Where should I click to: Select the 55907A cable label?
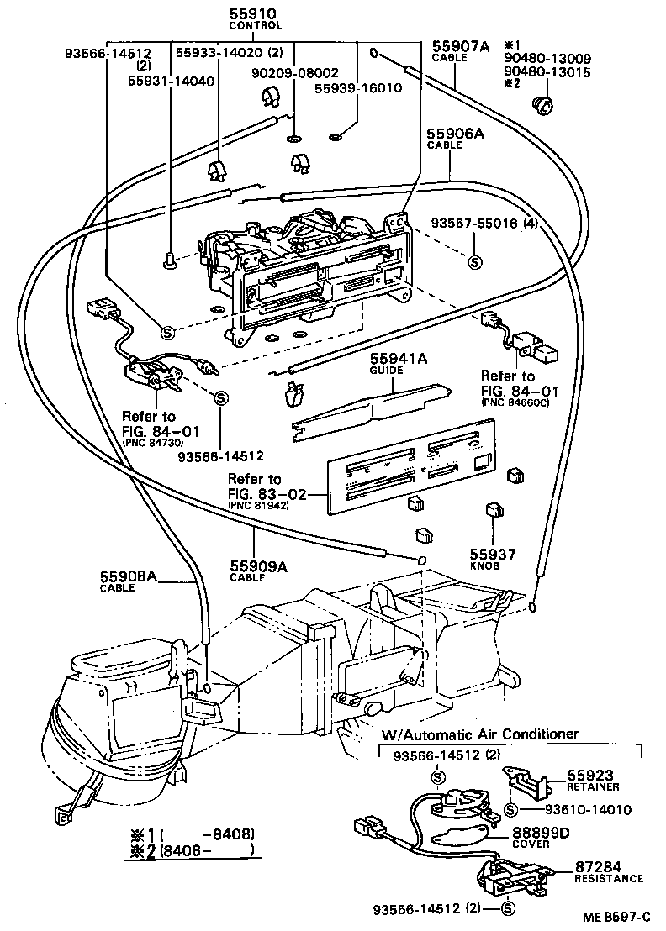pyautogui.click(x=460, y=47)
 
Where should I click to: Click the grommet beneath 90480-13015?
pyautogui.click(x=542, y=104)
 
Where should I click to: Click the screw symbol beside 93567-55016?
pyautogui.click(x=474, y=262)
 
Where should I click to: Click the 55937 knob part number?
pyautogui.click(x=494, y=555)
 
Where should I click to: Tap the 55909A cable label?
pyautogui.click(x=258, y=567)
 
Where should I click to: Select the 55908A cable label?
pyautogui.click(x=129, y=576)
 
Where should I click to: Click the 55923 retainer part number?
pyautogui.click(x=589, y=776)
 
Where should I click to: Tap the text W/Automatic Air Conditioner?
pyautogui.click(x=480, y=734)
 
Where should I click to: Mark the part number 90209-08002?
pyautogui.click(x=294, y=73)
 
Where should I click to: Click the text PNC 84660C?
pyautogui.click(x=515, y=402)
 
